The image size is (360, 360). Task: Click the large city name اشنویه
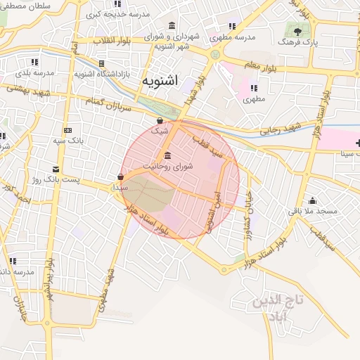pos(161,81)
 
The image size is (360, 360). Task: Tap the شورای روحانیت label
pos(167,166)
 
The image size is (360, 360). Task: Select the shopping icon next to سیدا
pos(121,177)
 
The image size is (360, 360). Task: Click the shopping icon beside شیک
pos(160,121)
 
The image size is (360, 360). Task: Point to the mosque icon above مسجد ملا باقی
pos(312,200)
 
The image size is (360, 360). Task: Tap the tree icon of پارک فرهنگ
pos(297,32)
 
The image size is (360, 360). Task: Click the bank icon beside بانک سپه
pos(67,131)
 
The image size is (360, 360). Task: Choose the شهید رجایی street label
pos(281,128)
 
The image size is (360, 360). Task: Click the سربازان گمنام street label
pos(109,104)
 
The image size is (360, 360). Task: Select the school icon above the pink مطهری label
pos(253,89)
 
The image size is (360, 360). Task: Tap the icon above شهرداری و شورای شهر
pos(172,26)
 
